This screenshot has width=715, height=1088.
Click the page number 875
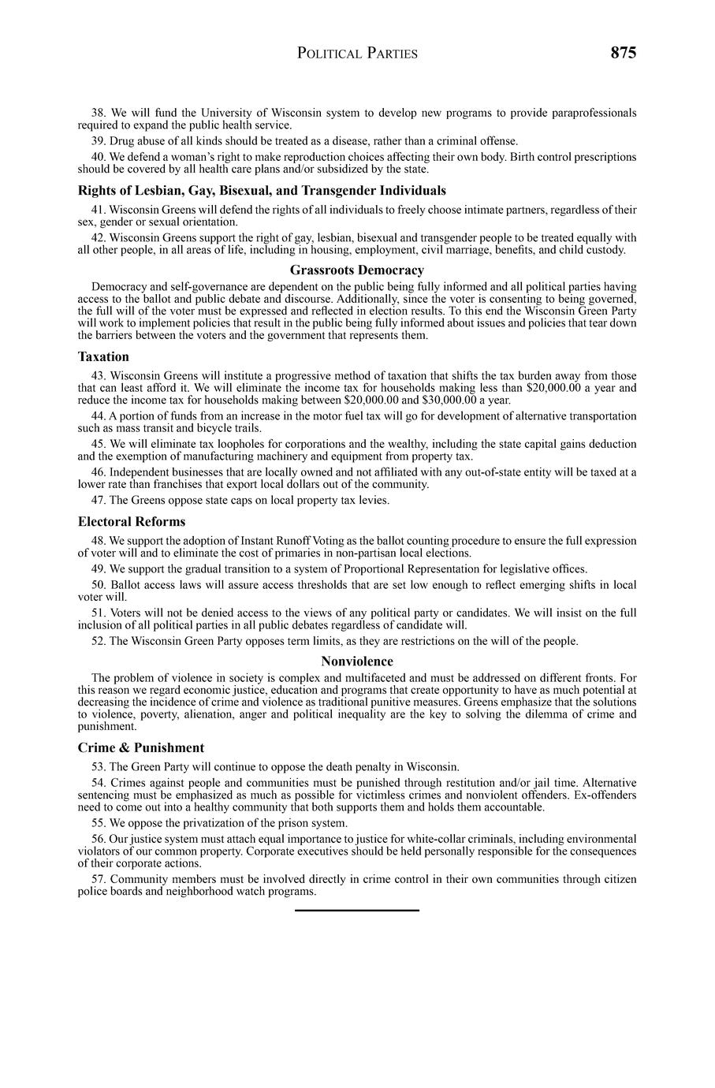[x=622, y=53]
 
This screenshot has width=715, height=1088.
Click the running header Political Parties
[x=357, y=54]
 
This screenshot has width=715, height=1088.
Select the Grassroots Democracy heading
[x=356, y=270]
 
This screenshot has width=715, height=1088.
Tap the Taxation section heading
[x=103, y=356]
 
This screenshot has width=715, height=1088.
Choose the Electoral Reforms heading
[x=132, y=522]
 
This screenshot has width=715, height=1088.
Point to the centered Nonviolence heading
[x=356, y=661]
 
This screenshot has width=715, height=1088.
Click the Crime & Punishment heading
[x=140, y=747]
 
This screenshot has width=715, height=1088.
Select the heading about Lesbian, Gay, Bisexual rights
[x=262, y=191]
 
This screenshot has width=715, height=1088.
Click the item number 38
[x=99, y=113]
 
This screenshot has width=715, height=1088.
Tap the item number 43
[x=99, y=375]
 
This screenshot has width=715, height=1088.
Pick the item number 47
[x=99, y=500]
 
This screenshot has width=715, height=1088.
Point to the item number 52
[x=99, y=641]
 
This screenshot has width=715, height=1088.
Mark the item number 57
[x=99, y=879]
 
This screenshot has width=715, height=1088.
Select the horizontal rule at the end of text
[x=356, y=911]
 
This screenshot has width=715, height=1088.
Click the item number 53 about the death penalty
[x=99, y=766]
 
